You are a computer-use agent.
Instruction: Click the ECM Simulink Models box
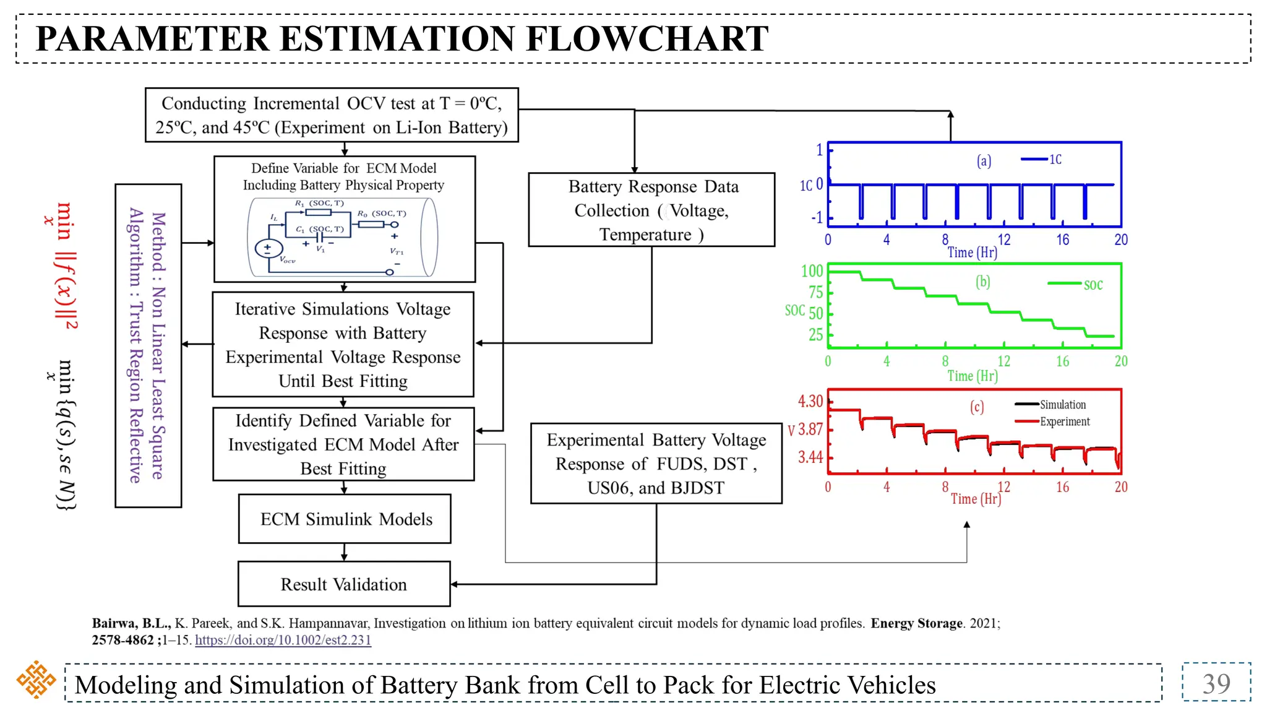coord(345,519)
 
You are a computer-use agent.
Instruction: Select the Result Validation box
coord(344,584)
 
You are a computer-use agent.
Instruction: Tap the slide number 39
coord(1216,683)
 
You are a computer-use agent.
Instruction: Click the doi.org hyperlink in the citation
coord(283,640)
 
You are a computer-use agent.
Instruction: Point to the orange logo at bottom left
coord(36,680)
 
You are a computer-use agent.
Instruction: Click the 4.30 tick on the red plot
coord(810,401)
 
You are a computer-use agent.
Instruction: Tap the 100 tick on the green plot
coord(812,271)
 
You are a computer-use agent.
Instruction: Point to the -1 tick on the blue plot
coord(817,218)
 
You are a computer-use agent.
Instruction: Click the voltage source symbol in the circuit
coord(268,249)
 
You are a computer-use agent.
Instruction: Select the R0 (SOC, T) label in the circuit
coord(382,214)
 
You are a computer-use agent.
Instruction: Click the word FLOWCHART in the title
coord(647,38)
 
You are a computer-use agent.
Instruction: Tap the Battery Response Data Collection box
coord(651,210)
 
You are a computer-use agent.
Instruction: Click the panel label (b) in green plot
coord(982,282)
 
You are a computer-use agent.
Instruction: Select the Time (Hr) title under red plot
coord(975,499)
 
